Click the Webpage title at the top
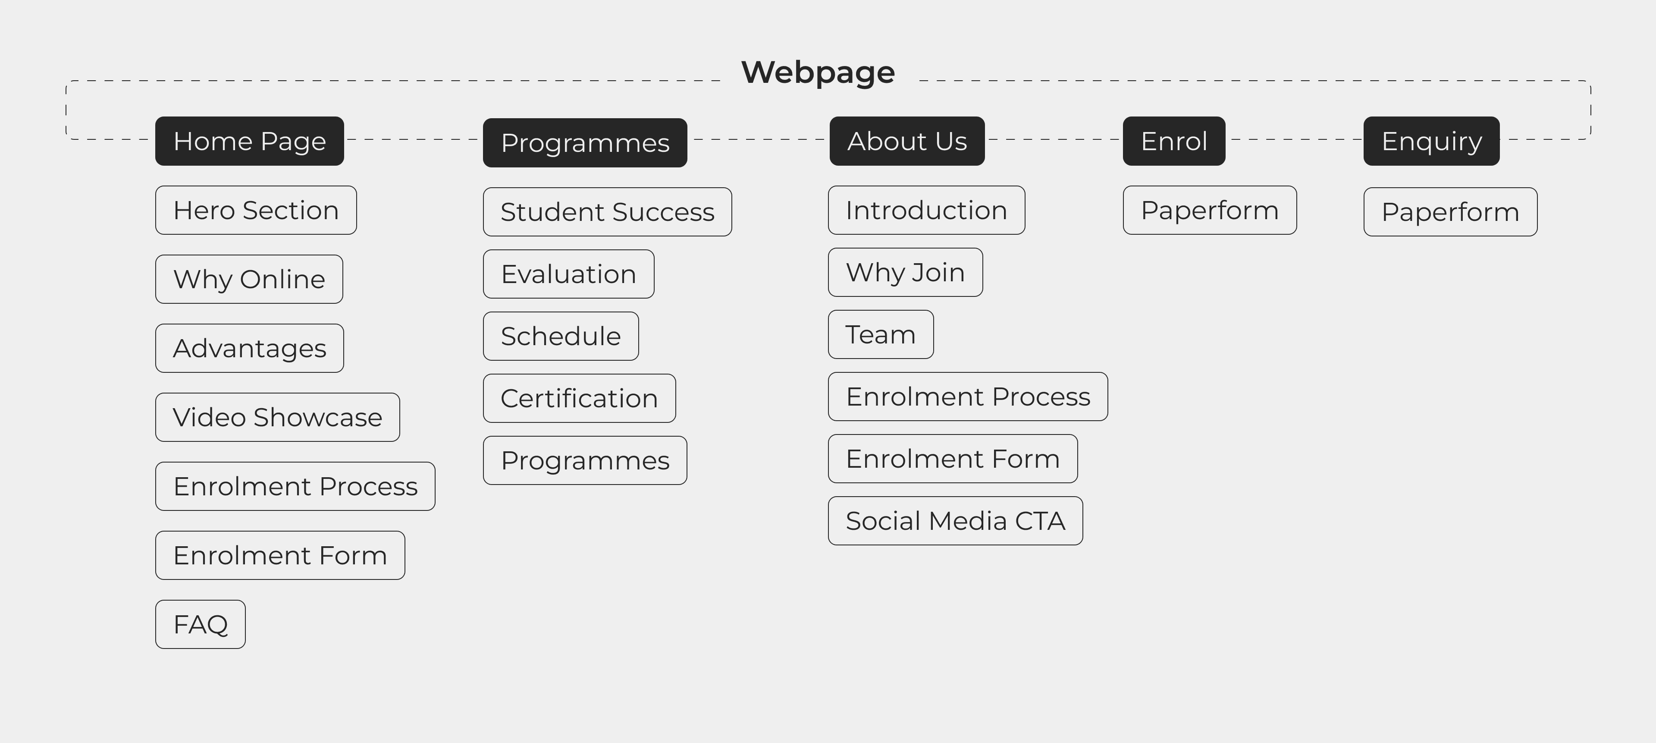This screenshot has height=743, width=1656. pyautogui.click(x=818, y=72)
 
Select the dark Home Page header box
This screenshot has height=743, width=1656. pyautogui.click(x=249, y=141)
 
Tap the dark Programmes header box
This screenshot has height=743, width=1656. pyautogui.click(x=585, y=143)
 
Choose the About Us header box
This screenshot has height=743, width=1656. pyautogui.click(x=906, y=141)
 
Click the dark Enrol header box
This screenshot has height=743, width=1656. pyautogui.click(x=1174, y=141)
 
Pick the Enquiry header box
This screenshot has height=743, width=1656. pyautogui.click(x=1431, y=141)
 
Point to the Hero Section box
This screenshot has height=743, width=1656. pyautogui.click(x=256, y=211)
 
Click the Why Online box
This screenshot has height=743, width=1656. pyautogui.click(x=249, y=279)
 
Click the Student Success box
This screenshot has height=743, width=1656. pyautogui.click(x=607, y=212)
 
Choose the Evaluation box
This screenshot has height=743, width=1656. pyautogui.click(x=568, y=274)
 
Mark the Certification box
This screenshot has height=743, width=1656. pyautogui.click(x=579, y=398)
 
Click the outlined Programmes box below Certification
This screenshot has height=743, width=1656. pyautogui.click(x=585, y=460)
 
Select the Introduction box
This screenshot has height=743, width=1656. pyautogui.click(x=926, y=211)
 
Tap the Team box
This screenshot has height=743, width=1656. pyautogui.click(x=881, y=334)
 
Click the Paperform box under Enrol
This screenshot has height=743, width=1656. pyautogui.click(x=1209, y=211)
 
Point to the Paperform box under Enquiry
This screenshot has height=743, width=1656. pyautogui.click(x=1450, y=212)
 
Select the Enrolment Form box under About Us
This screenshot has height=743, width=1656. pyautogui.click(x=953, y=459)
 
